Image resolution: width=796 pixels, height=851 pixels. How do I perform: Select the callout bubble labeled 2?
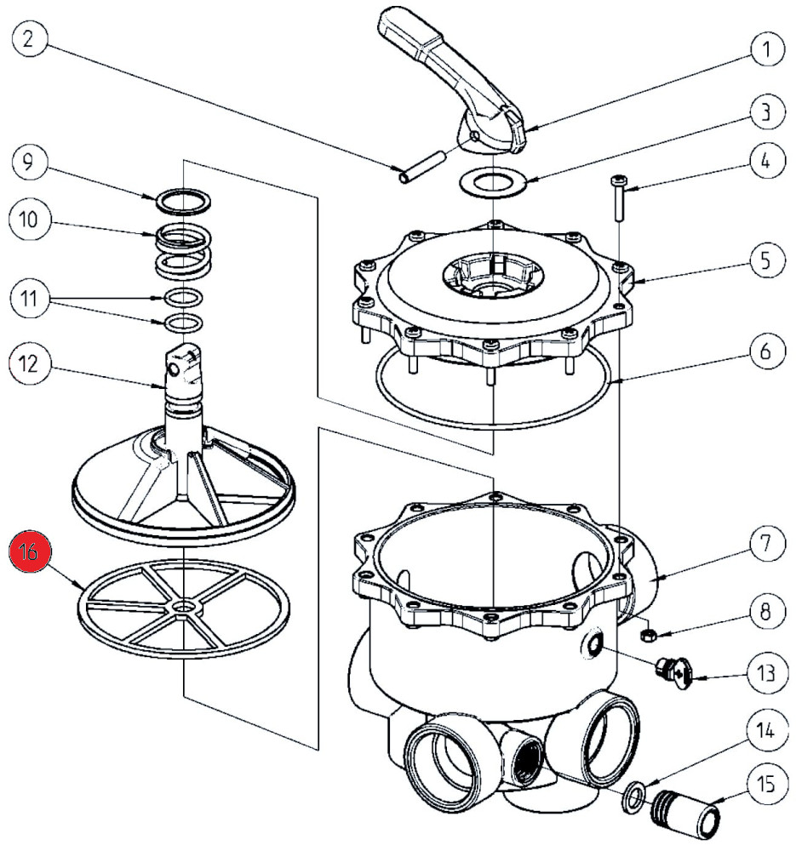pos(31,39)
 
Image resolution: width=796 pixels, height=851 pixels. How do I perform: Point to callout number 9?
pos(31,163)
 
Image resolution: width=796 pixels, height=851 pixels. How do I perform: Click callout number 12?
pos(31,363)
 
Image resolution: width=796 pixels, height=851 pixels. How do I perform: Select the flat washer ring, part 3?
pos(492,181)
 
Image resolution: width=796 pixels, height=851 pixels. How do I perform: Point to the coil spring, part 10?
pos(183,248)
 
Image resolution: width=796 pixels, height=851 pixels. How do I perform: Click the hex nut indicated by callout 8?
pos(646,633)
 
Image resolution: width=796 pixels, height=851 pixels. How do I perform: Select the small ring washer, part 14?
pos(632,796)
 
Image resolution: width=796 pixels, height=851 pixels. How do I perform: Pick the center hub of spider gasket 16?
pos(182,607)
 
